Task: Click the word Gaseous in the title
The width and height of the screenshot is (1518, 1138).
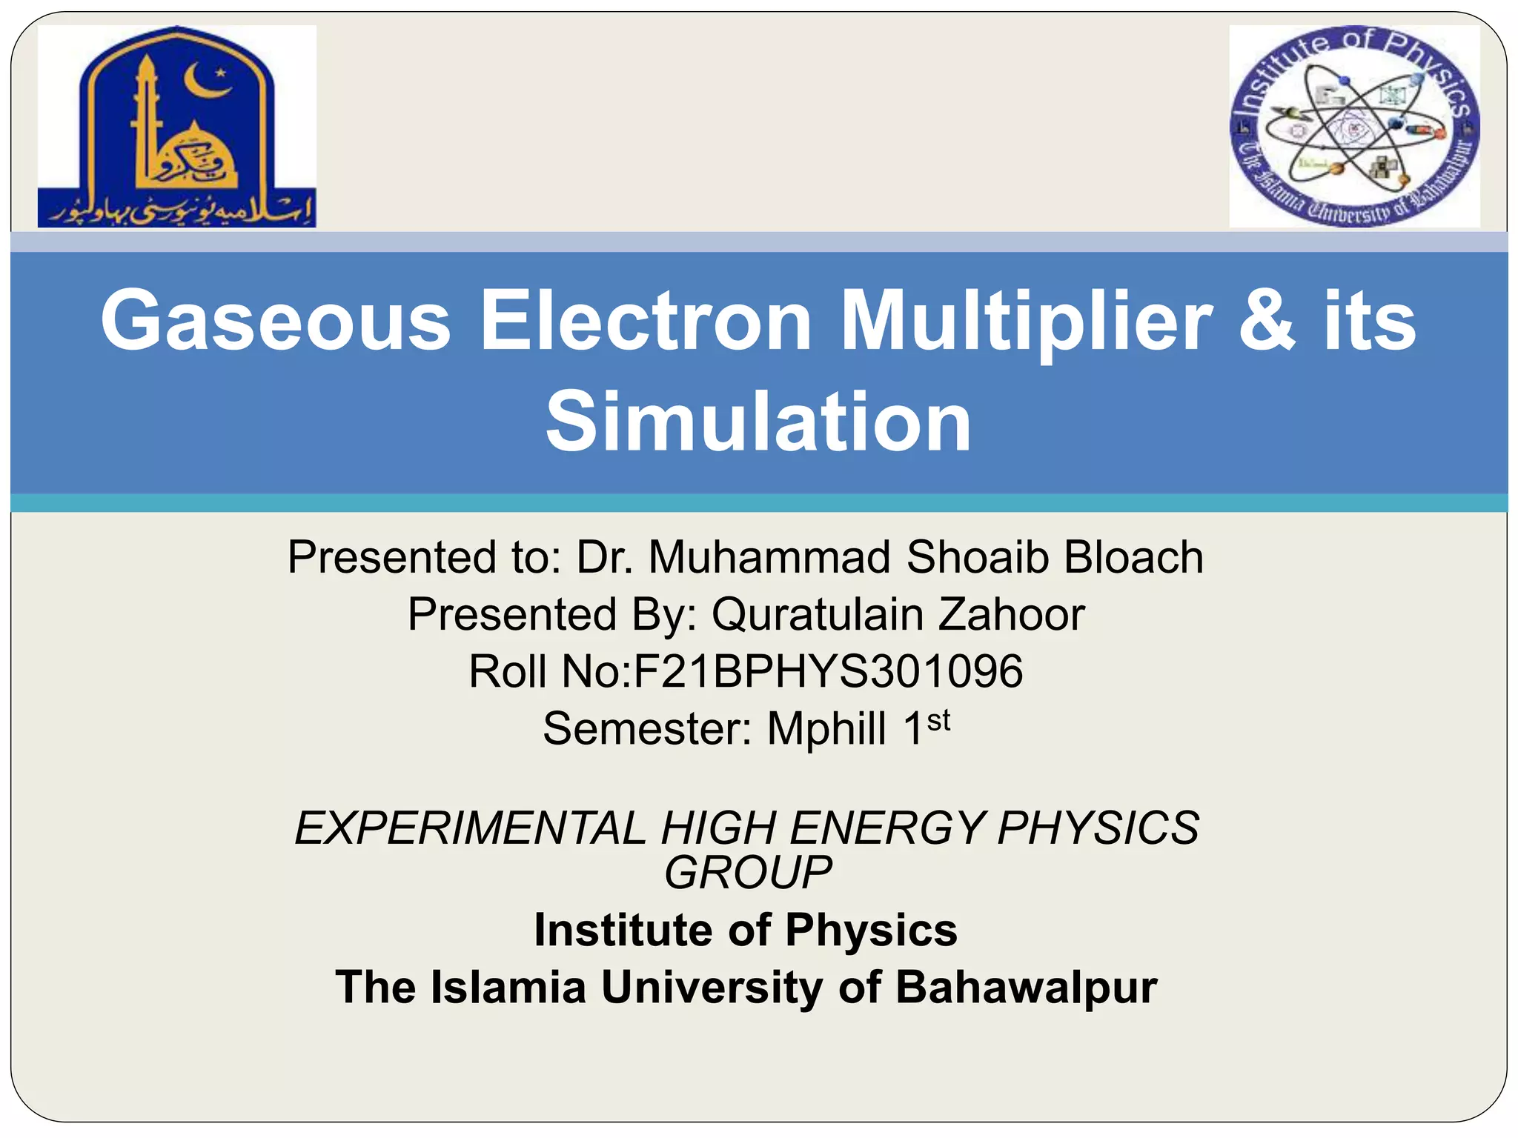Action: pyautogui.click(x=276, y=321)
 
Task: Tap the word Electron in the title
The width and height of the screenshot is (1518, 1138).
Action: pyautogui.click(x=646, y=321)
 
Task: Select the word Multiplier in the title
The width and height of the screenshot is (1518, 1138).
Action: pyautogui.click(x=1026, y=321)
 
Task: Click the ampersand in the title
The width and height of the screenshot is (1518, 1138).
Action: pyautogui.click(x=1267, y=321)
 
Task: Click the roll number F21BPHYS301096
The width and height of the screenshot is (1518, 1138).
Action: pyautogui.click(x=828, y=671)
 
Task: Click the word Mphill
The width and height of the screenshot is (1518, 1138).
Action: pyautogui.click(x=826, y=729)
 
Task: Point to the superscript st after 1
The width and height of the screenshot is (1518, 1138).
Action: pyautogui.click(x=938, y=719)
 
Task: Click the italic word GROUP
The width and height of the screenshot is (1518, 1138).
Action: pyautogui.click(x=747, y=872)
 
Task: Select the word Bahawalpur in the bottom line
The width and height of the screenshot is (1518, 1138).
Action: pyautogui.click(x=1026, y=987)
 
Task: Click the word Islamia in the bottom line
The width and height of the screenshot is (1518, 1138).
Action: pyautogui.click(x=508, y=987)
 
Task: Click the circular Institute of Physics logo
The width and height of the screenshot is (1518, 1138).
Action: pyautogui.click(x=1354, y=126)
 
